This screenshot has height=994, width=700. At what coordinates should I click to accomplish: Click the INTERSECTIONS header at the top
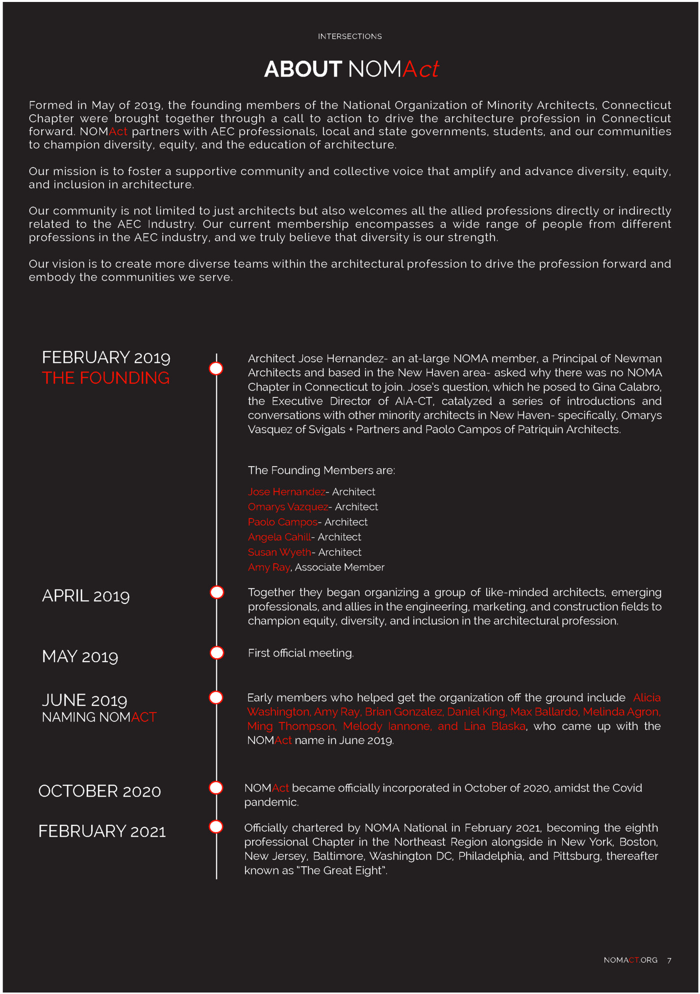pyautogui.click(x=350, y=36)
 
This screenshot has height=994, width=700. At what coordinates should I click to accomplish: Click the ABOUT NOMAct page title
pyautogui.click(x=351, y=69)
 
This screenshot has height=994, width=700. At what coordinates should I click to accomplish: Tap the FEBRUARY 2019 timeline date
pyautogui.click(x=106, y=357)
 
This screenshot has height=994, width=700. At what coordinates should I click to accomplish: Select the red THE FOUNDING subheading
pyautogui.click(x=105, y=378)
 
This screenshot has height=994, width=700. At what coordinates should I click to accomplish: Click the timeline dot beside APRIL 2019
pyautogui.click(x=217, y=592)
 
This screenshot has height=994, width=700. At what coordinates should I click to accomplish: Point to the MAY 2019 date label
pyautogui.click(x=80, y=656)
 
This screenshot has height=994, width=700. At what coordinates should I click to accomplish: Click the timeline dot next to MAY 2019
pyautogui.click(x=217, y=653)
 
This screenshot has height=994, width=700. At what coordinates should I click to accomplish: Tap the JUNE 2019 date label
pyautogui.click(x=84, y=700)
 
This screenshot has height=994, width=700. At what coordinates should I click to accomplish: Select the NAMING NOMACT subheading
pyautogui.click(x=99, y=717)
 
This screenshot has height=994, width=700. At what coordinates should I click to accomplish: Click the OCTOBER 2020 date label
pyautogui.click(x=100, y=791)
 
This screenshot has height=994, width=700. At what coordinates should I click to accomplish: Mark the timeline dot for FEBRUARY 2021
pyautogui.click(x=216, y=827)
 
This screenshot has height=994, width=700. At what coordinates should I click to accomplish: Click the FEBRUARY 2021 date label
pyautogui.click(x=102, y=831)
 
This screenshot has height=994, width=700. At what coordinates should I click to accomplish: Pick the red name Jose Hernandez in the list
pyautogui.click(x=286, y=492)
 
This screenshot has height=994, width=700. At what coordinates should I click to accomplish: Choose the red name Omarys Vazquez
pyautogui.click(x=288, y=507)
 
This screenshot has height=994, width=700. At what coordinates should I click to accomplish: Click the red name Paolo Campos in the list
pyautogui.click(x=282, y=522)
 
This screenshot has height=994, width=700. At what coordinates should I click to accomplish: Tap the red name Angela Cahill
pyautogui.click(x=279, y=537)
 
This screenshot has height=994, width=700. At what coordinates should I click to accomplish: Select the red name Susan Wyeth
pyautogui.click(x=279, y=552)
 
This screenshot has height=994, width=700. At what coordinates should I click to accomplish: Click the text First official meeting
pyautogui.click(x=300, y=653)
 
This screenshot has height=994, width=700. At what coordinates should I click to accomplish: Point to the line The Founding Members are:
pyautogui.click(x=321, y=471)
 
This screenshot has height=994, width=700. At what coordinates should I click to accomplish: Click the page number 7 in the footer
pyautogui.click(x=669, y=960)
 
